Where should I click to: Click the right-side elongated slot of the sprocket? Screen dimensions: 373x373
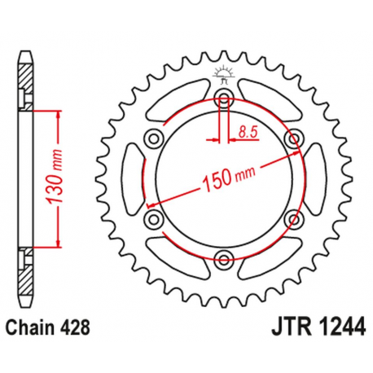coord(314,179)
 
